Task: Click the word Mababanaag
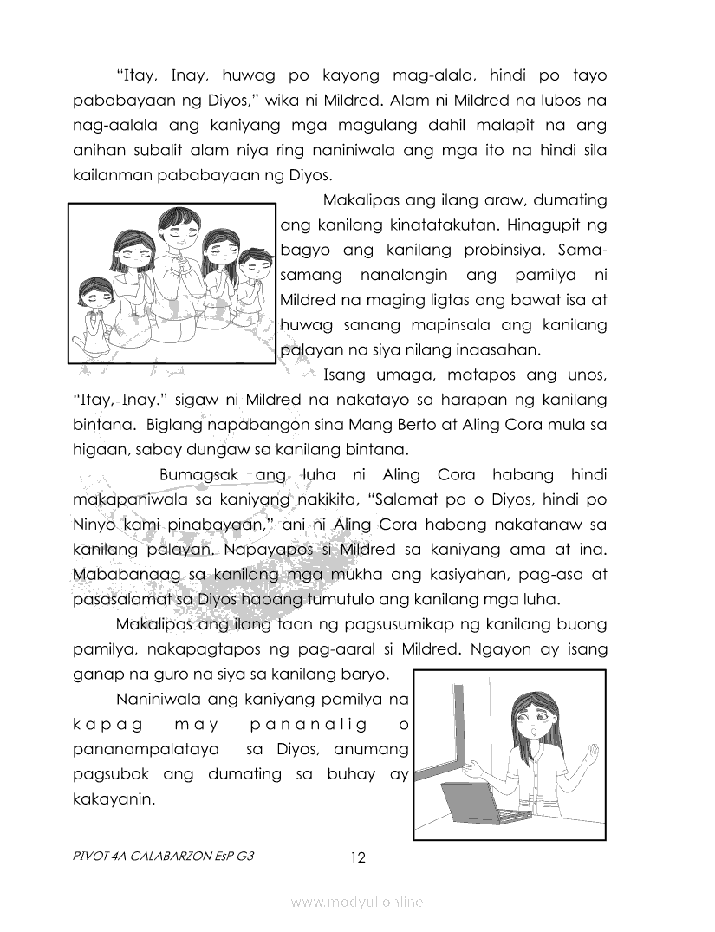[111, 576]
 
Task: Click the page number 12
[358, 858]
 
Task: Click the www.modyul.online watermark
[357, 903]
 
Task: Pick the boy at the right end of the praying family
[252, 277]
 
